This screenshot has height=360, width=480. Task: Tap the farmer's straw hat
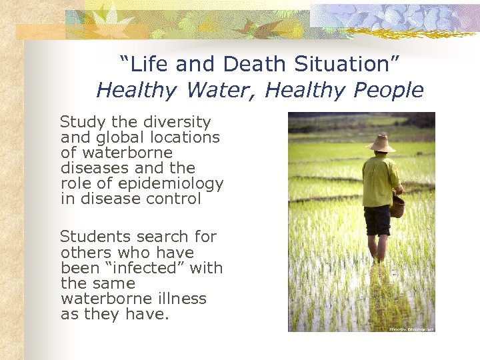pos(382,143)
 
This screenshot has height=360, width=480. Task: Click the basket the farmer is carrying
pos(397,206)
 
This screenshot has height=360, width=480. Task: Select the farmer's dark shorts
pos(377,220)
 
